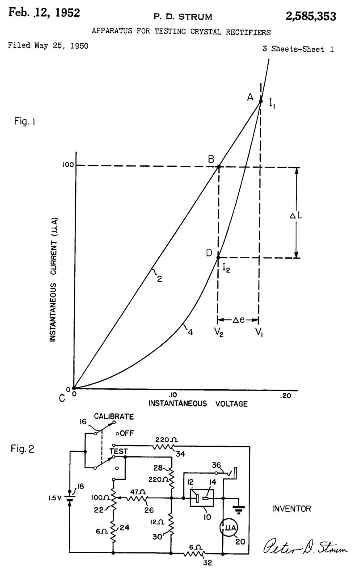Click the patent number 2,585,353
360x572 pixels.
pos(311,17)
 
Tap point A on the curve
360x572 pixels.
pos(261,101)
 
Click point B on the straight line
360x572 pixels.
pos(219,167)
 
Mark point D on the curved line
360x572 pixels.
pos(218,258)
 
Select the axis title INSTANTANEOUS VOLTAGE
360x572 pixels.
pos(198,404)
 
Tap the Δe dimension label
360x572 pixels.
pos(238,320)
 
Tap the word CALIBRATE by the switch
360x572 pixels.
pos(114,417)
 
